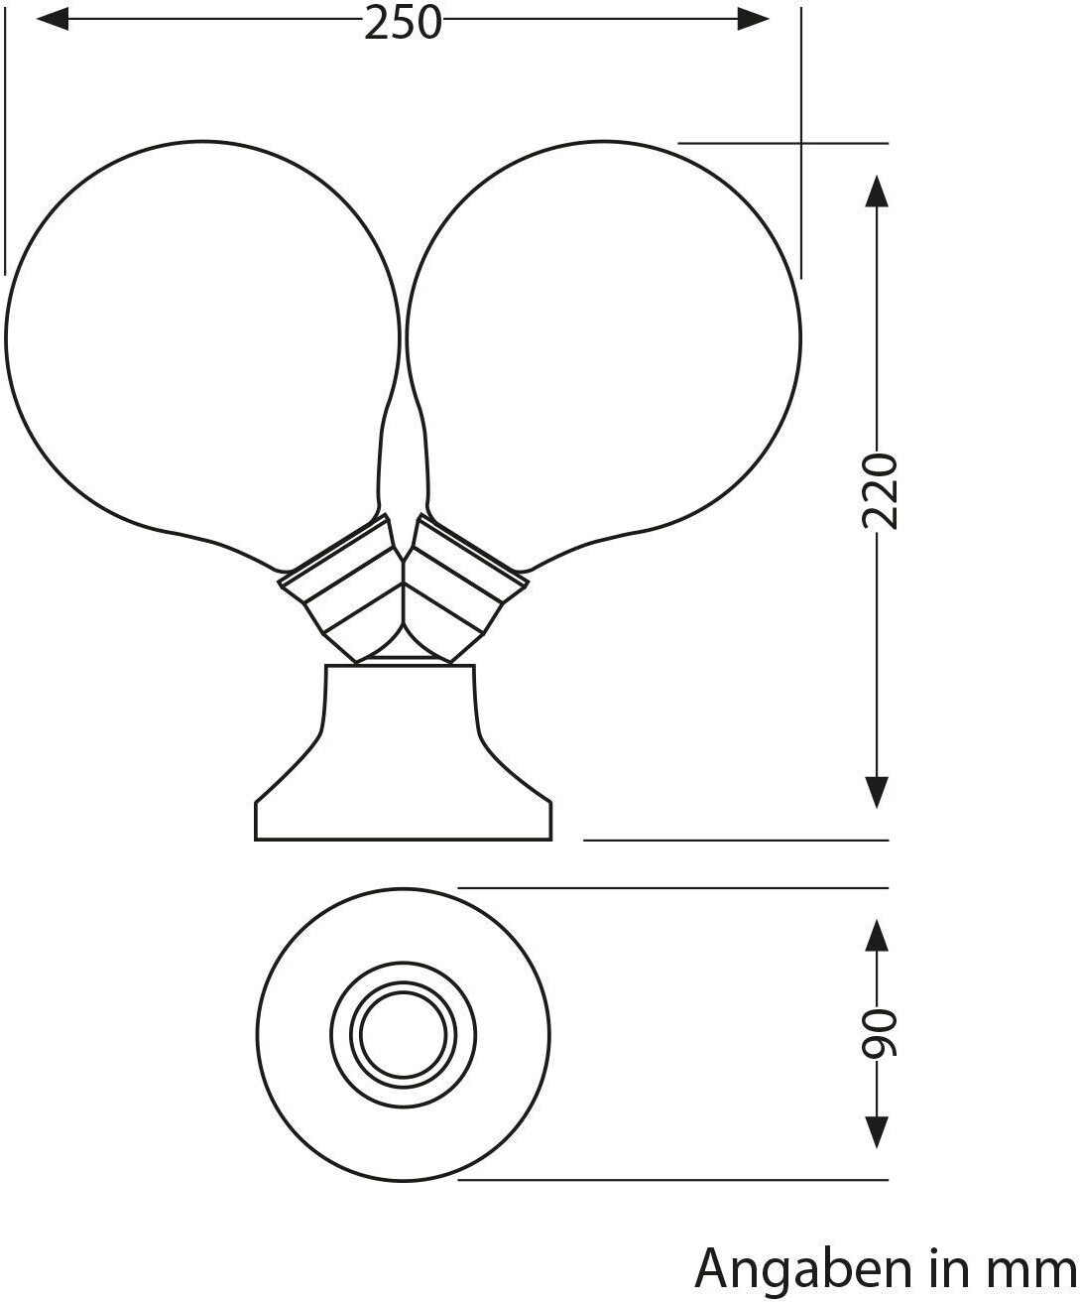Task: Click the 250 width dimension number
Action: tap(403, 22)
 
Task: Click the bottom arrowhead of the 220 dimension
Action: tap(876, 791)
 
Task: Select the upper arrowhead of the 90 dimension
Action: tap(876, 935)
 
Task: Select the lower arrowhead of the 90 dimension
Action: tap(876, 1131)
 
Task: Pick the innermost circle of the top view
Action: tap(403, 1035)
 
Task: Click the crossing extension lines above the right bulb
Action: tap(800, 143)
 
